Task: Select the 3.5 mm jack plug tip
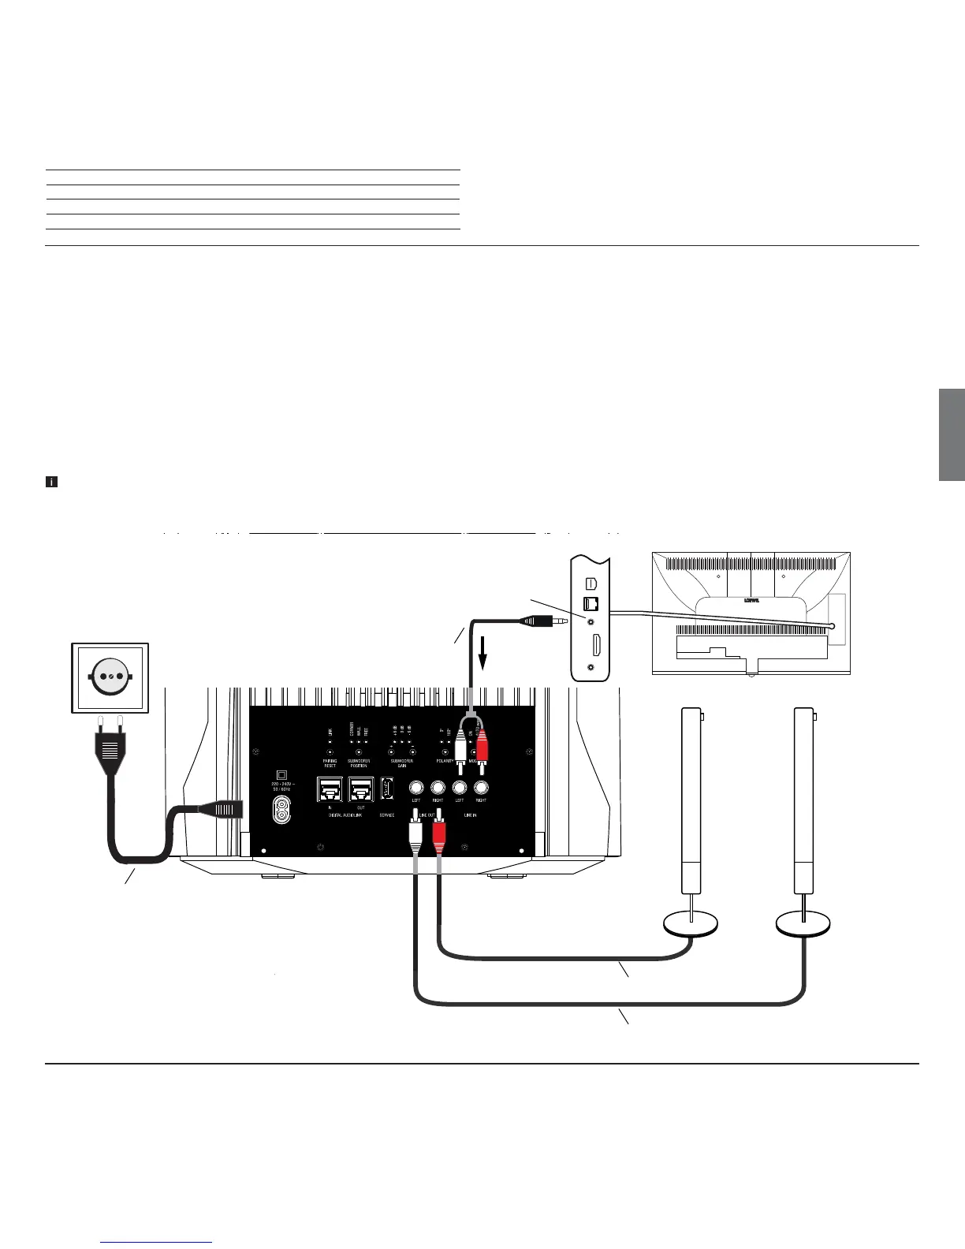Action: [563, 621]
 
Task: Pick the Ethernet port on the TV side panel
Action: [591, 604]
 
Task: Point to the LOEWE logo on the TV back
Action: [750, 600]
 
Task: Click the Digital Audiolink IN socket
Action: [329, 789]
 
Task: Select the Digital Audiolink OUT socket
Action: [361, 789]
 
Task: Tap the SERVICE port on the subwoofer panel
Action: [386, 789]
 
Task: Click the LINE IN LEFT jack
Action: [460, 787]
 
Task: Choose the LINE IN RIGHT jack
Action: [481, 787]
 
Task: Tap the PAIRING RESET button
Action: [330, 751]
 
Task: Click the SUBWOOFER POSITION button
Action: [359, 751]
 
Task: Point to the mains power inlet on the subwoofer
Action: [281, 808]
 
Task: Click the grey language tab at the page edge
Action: [952, 434]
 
